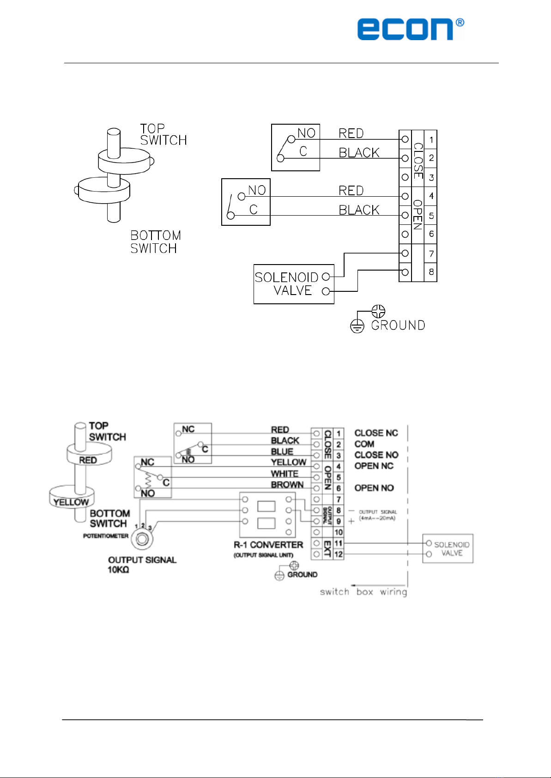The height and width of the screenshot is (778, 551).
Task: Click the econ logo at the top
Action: [410, 29]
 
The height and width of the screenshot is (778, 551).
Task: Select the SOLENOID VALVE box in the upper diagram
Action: [294, 284]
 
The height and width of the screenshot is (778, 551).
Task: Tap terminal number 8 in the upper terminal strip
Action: [431, 272]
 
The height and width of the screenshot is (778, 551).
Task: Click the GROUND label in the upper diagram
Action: [398, 326]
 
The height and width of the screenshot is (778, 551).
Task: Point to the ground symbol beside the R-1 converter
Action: [279, 575]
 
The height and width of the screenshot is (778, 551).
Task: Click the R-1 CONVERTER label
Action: [268, 545]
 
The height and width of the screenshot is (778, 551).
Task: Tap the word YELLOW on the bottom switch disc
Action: [71, 502]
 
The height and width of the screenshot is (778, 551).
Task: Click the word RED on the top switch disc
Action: [88, 460]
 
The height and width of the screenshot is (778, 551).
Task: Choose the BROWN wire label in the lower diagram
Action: [287, 485]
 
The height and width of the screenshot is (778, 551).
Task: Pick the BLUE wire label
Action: [282, 452]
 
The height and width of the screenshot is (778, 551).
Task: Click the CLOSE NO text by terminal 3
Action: [376, 455]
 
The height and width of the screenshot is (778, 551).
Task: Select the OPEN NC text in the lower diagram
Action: [374, 466]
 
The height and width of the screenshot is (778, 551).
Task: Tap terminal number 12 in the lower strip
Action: [339, 554]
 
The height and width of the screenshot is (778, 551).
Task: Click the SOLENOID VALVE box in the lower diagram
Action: [448, 549]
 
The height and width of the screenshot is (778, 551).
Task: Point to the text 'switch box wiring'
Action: [363, 592]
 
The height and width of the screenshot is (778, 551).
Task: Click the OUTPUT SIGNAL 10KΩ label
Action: [142, 565]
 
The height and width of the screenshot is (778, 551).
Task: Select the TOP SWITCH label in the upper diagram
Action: [163, 134]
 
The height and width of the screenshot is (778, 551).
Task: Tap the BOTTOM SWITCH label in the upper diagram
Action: [156, 242]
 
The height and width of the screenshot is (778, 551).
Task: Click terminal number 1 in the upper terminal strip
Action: [431, 139]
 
